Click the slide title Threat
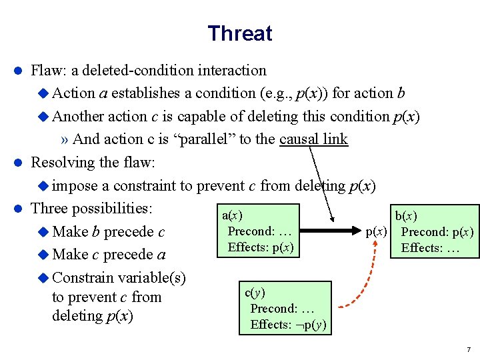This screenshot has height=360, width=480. click(239, 33)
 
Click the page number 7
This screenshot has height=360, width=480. click(469, 349)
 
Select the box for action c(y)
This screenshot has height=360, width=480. click(285, 307)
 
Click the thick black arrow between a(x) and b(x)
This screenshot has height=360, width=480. click(331, 233)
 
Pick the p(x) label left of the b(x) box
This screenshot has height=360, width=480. click(377, 232)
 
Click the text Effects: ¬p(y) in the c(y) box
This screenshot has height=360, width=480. click(288, 325)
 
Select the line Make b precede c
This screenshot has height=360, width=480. click(108, 232)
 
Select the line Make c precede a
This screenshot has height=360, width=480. click(108, 254)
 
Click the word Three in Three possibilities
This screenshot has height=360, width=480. click(49, 208)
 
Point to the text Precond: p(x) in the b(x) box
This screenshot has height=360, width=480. click(437, 232)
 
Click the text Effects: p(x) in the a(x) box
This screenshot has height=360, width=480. click(260, 247)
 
